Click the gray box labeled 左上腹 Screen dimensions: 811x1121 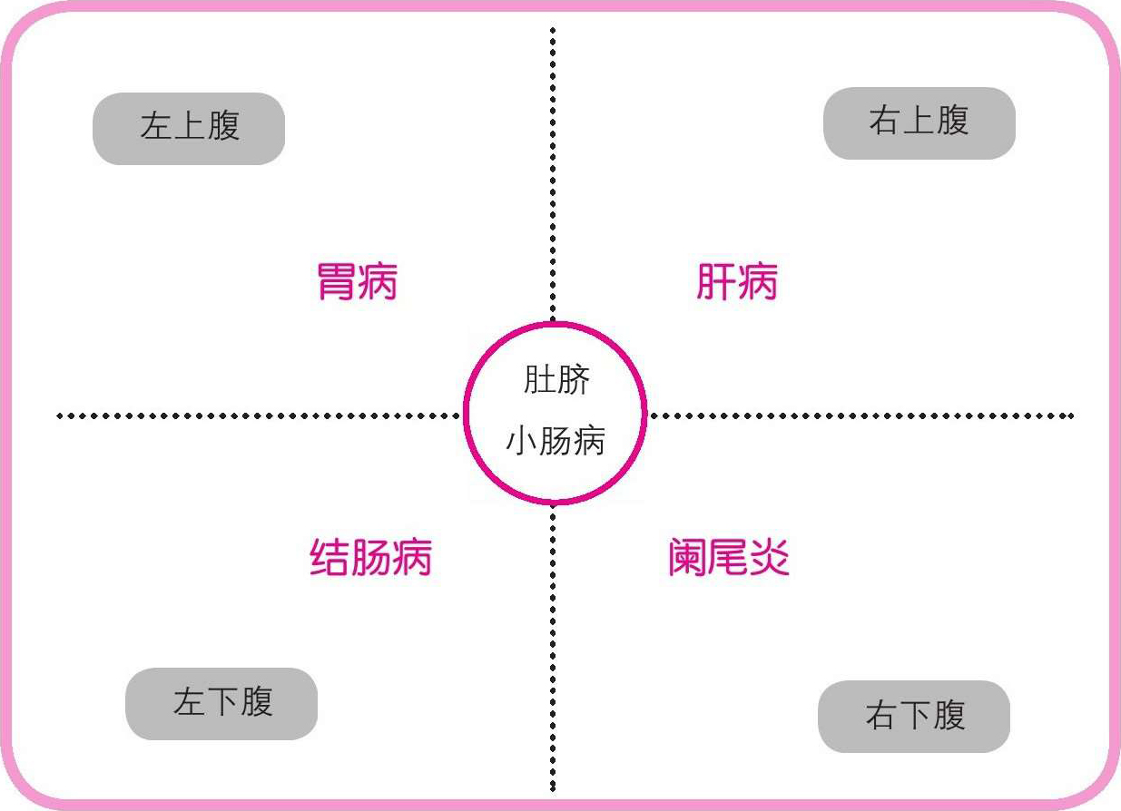click(x=189, y=128)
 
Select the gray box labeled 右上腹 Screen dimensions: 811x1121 click(x=919, y=122)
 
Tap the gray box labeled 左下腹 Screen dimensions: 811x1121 click(x=221, y=704)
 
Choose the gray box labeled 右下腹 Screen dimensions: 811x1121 click(x=914, y=716)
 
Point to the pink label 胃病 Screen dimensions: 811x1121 click(x=357, y=282)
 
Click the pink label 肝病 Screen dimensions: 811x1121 click(x=736, y=282)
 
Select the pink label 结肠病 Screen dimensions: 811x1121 click(x=370, y=557)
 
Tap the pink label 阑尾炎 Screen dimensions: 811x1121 click(x=728, y=557)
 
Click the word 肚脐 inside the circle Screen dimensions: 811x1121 click(x=556, y=379)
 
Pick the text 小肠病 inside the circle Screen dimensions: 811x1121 click(x=556, y=442)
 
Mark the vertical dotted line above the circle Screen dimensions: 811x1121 click(x=553, y=172)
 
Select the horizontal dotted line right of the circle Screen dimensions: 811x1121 click(x=862, y=416)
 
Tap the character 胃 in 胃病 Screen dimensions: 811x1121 click(x=336, y=282)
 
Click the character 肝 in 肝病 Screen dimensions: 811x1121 click(x=715, y=282)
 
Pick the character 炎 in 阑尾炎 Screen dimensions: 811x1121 click(x=770, y=557)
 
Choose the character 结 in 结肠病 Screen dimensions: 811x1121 click(x=329, y=557)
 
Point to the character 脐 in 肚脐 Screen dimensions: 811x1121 click(x=573, y=379)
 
